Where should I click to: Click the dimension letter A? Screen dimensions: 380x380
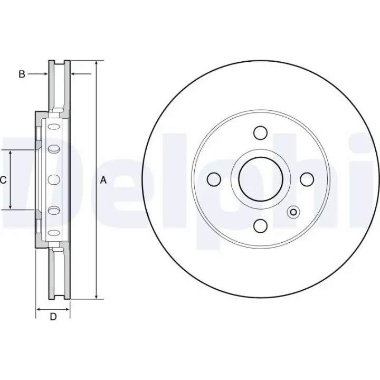[103, 180]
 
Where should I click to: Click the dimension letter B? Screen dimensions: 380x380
[22, 74]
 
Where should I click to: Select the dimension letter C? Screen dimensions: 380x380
[3, 180]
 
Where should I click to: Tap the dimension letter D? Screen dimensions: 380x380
[53, 317]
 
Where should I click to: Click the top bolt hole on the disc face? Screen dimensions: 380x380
[260, 133]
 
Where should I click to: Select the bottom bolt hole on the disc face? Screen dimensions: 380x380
[260, 226]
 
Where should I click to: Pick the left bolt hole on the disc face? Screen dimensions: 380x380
[214, 179]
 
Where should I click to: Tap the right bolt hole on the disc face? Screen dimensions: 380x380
[307, 179]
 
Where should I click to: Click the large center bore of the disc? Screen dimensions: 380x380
[261, 179]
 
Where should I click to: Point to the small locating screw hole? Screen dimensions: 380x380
[293, 212]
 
